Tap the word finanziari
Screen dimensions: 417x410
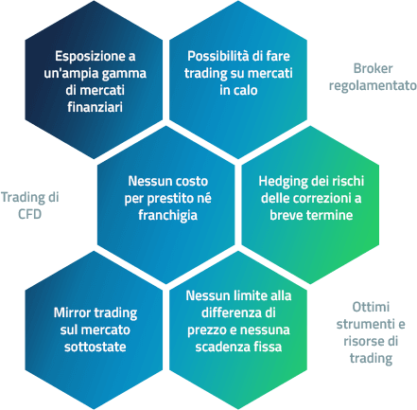click(95, 107)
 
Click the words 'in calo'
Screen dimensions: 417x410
click(238, 90)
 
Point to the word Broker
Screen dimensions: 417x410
click(373, 68)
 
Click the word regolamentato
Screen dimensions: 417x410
click(373, 86)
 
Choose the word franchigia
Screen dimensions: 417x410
click(167, 216)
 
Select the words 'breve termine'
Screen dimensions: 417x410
click(311, 215)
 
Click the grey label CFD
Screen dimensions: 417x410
click(29, 214)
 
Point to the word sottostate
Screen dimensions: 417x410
click(96, 347)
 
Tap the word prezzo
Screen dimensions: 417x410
click(206, 330)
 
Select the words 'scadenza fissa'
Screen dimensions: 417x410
click(238, 347)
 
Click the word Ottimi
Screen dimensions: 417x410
click(371, 307)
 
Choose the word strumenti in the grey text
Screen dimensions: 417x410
click(364, 324)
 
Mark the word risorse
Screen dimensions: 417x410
click(361, 341)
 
